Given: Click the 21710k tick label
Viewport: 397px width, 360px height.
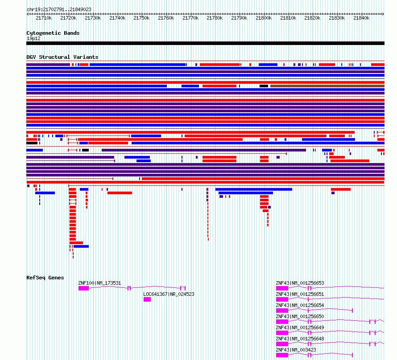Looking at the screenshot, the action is click(44, 18).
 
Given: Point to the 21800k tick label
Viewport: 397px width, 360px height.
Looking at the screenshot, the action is click(264, 18).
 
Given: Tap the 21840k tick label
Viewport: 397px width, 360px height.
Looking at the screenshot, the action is click(361, 18).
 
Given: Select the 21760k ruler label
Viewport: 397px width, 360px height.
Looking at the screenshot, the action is click(166, 18).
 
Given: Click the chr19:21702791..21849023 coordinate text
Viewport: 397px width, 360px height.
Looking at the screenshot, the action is click(59, 9).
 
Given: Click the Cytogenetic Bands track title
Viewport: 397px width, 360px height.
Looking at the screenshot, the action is click(53, 33).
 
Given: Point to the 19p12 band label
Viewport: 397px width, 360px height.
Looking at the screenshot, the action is click(33, 38).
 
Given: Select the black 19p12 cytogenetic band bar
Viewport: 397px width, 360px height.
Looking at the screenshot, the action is click(205, 43).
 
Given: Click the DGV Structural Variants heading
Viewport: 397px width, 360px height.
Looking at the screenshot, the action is click(62, 57).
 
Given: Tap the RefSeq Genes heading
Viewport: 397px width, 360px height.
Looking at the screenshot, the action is click(45, 278).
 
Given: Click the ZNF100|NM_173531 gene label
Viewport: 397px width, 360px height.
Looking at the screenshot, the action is click(99, 283).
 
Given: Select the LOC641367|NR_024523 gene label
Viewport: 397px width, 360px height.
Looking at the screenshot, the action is click(169, 294).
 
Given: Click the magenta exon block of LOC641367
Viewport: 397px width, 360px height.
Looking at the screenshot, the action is click(147, 299).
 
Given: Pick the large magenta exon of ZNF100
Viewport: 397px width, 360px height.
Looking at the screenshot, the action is click(83, 288).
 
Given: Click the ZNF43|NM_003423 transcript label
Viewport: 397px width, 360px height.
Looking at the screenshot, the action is click(296, 350).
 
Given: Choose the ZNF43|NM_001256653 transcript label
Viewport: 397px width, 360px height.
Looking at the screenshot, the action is click(300, 283).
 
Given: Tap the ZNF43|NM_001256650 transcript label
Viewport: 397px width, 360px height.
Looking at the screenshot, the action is click(300, 316).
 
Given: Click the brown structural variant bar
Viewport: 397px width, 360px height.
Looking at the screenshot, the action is click(327, 86).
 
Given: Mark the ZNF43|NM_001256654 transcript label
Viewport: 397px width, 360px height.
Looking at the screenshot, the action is click(300, 305).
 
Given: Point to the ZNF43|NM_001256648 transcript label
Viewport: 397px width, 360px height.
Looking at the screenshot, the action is click(300, 339).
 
